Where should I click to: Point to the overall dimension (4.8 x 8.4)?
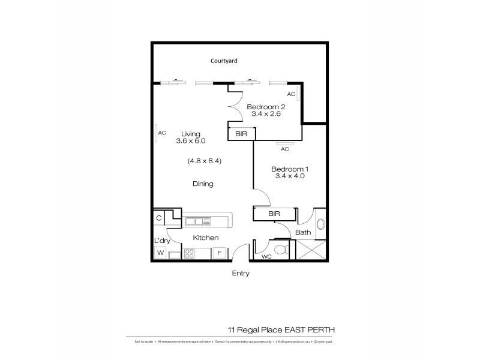coord(205,161)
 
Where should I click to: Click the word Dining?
coord(203,184)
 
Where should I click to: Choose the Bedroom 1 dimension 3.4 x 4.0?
coord(290,176)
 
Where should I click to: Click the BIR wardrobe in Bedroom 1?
coord(275,214)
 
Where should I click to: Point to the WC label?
coord(267,257)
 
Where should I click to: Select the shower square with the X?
coord(312,250)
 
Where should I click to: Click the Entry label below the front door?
coord(240,274)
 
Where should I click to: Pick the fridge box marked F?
coord(218,253)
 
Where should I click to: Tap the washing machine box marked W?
coord(160,253)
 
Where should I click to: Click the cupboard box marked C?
coord(159,218)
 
